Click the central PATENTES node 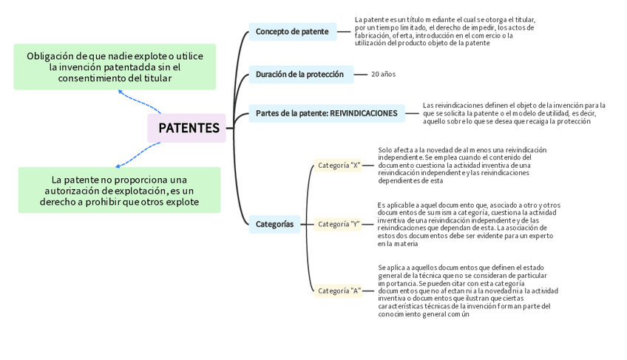[x=188, y=128]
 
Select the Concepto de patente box [x=292, y=32]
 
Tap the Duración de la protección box [x=299, y=74]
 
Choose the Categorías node [x=274, y=224]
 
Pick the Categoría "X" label [x=339, y=166]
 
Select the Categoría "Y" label [x=339, y=223]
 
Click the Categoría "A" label [x=339, y=291]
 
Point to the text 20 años [x=383, y=74]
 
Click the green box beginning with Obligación [x=115, y=67]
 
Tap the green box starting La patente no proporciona [x=119, y=191]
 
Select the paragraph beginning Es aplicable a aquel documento [x=468, y=224]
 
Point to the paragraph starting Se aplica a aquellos [x=463, y=291]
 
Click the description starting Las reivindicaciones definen [x=514, y=113]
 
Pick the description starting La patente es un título [x=444, y=32]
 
